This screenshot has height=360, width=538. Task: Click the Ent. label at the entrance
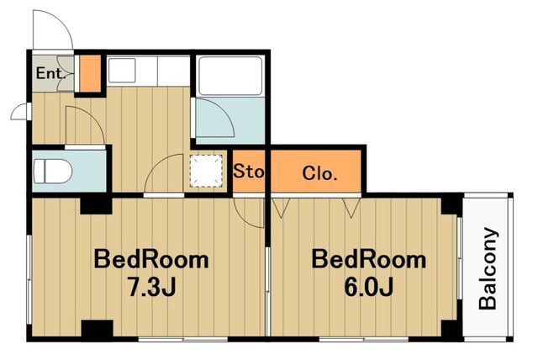[x=50, y=73]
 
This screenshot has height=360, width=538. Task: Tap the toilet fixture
[x=53, y=172]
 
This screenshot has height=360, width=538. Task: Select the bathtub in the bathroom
[x=230, y=76]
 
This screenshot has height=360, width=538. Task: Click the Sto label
[x=249, y=171]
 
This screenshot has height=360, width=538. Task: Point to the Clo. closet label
[x=319, y=173]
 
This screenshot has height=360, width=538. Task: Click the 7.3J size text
[x=151, y=287]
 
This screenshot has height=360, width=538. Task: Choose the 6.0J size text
[x=368, y=287]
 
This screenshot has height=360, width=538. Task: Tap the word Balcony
[x=488, y=268]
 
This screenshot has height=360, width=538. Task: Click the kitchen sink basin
[x=121, y=71]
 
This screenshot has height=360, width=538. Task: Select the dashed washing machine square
[x=206, y=171]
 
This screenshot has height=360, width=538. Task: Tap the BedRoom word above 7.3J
[x=151, y=260]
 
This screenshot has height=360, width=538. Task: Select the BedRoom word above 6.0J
[x=368, y=260]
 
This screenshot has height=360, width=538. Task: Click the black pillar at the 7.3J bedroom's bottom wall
[x=98, y=329]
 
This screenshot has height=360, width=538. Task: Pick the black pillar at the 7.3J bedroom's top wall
[x=96, y=205]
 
